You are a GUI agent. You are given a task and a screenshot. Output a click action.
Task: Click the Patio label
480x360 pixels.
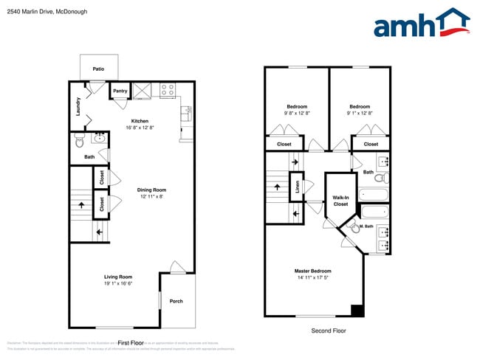98,69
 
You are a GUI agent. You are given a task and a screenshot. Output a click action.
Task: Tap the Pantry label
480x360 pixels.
120,91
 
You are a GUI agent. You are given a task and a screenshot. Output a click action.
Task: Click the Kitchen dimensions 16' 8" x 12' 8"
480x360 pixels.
140,128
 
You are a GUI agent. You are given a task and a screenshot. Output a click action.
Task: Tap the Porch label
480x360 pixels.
176,301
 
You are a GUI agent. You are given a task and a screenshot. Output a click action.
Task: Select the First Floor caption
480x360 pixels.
129,343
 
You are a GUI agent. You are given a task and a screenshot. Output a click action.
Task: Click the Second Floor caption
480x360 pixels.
328,330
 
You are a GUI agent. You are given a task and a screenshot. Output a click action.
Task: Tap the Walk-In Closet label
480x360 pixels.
340,201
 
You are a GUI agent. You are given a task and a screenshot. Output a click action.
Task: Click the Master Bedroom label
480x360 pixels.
312,271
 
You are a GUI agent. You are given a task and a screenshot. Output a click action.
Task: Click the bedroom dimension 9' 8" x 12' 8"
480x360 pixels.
296,113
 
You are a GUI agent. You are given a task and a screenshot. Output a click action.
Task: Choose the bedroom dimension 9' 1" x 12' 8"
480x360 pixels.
360,113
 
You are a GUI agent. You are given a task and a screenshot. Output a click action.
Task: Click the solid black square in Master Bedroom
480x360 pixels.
357,311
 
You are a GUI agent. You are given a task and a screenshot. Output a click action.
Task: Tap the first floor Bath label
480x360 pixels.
89,156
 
